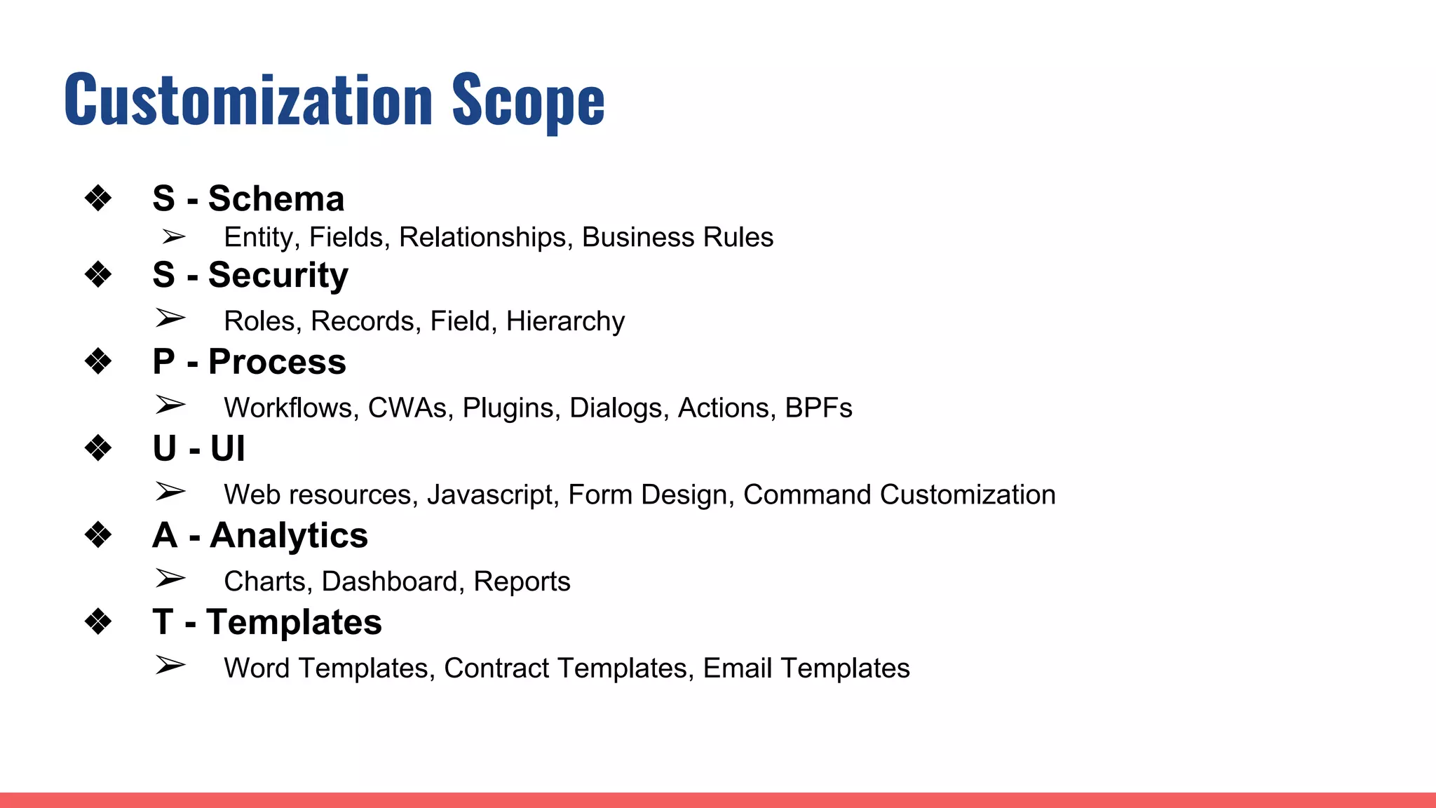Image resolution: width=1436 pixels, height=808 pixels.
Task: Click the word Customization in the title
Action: pyautogui.click(x=249, y=100)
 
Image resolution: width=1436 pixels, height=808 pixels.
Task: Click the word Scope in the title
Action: pyautogui.click(x=528, y=100)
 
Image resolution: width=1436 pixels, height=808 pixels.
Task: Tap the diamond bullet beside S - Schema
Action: pyautogui.click(x=98, y=198)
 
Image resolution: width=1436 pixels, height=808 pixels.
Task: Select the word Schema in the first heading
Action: pyautogui.click(x=276, y=198)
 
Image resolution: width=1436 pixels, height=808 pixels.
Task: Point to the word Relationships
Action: pyautogui.click(x=482, y=237)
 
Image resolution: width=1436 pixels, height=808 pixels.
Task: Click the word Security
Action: pyautogui.click(x=278, y=274)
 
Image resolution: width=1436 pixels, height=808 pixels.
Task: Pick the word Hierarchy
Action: pyautogui.click(x=565, y=321)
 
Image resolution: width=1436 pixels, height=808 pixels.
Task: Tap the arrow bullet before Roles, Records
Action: pyautogui.click(x=170, y=318)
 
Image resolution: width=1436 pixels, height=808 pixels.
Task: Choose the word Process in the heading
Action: pyautogui.click(x=277, y=362)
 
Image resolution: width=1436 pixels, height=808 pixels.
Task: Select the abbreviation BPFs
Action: pyautogui.click(x=818, y=408)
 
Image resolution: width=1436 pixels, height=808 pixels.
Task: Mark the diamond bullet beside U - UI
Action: pyautogui.click(x=98, y=448)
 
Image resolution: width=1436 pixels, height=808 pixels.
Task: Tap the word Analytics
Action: pyautogui.click(x=289, y=536)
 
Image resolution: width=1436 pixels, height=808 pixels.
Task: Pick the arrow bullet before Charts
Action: pyautogui.click(x=170, y=579)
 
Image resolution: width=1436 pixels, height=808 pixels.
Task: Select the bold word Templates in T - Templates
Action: pyautogui.click(x=294, y=622)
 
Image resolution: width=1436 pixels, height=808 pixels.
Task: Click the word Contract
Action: pyautogui.click(x=496, y=668)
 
